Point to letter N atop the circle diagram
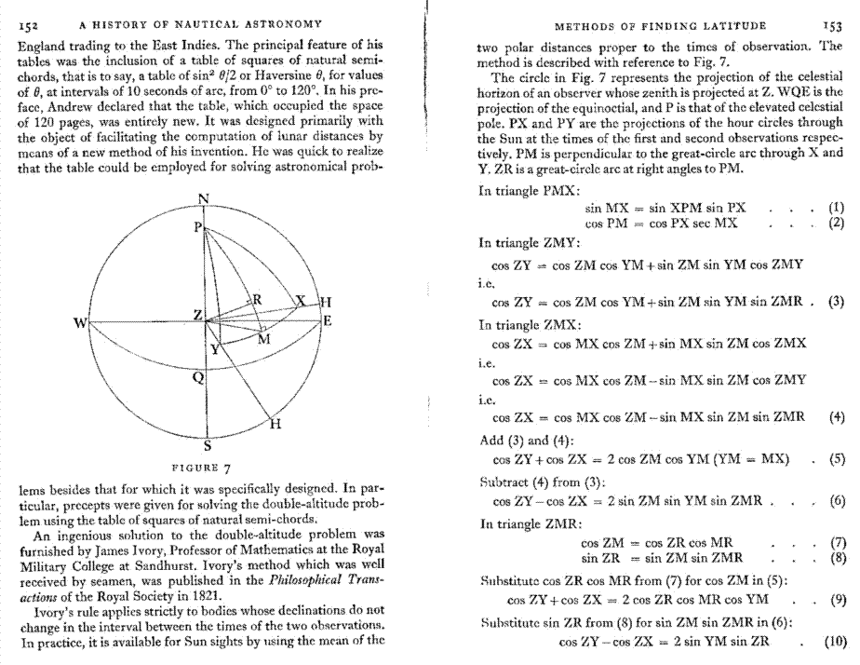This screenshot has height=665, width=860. click(x=205, y=197)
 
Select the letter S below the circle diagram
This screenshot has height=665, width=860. click(x=207, y=444)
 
